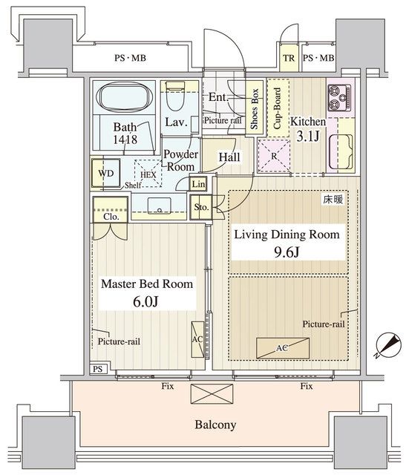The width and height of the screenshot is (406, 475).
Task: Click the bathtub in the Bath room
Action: point(123,96)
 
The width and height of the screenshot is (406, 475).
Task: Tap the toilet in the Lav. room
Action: point(175,97)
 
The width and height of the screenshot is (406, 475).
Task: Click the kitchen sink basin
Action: point(341,151)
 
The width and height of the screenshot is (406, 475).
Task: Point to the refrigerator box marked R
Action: point(274,156)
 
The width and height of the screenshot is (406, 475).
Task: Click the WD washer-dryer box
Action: point(106,173)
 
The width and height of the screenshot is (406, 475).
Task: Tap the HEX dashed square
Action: point(148,173)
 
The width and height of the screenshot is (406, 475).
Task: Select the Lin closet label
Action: point(198,184)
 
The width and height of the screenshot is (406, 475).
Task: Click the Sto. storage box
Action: point(201,207)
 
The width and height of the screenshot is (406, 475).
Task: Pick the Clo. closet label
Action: point(111,216)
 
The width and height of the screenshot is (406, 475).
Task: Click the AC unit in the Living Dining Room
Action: point(283,348)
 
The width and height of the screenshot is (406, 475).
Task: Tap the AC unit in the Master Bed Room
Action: point(197,339)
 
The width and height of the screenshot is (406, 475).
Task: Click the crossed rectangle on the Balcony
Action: point(212,394)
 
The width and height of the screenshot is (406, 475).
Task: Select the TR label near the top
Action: point(289,58)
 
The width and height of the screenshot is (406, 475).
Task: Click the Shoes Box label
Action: point(254,108)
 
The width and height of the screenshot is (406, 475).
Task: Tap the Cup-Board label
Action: point(277,108)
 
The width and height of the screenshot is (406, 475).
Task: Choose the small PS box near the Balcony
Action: point(97,369)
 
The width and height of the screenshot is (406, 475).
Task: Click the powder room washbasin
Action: point(160,206)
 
